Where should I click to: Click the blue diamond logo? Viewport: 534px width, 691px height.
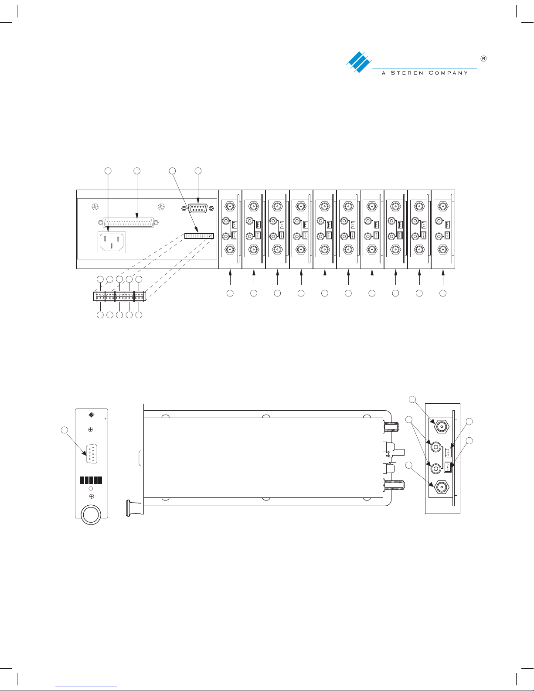click(359, 62)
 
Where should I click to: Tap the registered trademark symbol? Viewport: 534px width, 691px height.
click(483, 58)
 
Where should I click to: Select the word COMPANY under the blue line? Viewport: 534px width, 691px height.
click(448, 73)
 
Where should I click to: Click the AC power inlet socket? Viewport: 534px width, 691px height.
click(112, 242)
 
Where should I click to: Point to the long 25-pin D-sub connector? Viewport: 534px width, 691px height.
click(129, 223)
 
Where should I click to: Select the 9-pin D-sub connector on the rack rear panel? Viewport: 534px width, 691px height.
click(198, 208)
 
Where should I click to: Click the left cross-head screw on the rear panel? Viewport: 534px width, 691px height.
click(95, 207)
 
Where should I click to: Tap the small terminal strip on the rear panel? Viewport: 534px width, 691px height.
click(199, 236)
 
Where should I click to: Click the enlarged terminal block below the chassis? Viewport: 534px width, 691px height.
click(119, 297)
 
